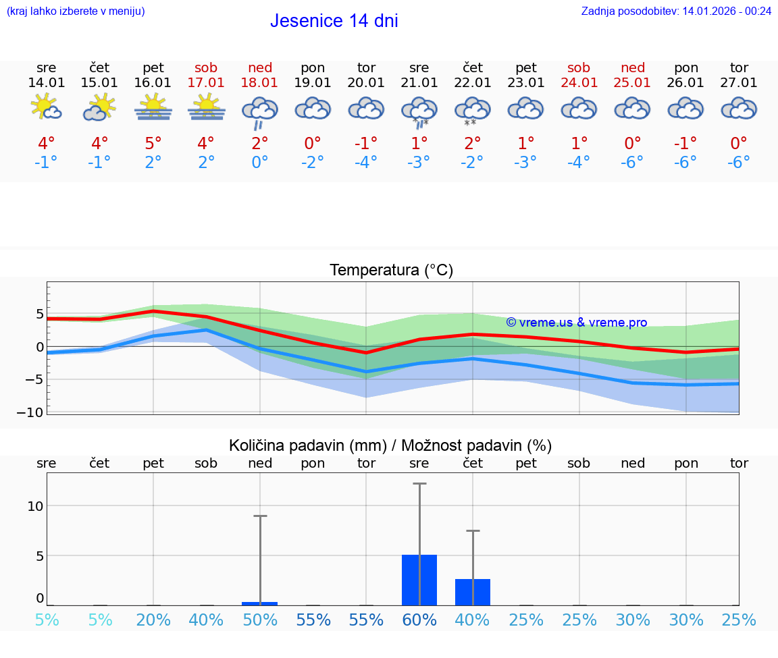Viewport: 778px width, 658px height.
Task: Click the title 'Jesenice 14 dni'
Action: click(334, 21)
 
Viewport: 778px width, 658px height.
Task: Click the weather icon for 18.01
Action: click(260, 110)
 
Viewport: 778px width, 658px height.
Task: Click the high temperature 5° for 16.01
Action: click(153, 144)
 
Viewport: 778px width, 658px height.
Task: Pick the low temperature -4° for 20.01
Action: click(366, 162)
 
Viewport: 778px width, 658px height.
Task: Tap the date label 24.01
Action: click(579, 83)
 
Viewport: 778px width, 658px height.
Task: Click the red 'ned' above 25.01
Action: click(632, 67)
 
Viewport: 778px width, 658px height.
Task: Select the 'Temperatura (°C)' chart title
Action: click(391, 270)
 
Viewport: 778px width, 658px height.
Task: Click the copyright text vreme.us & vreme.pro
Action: click(576, 323)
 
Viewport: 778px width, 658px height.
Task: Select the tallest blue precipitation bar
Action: click(419, 580)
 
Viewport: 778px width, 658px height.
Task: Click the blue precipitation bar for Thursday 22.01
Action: click(473, 592)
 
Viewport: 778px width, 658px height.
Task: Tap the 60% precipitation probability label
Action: click(419, 620)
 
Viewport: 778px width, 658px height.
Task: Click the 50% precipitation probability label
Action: click(260, 620)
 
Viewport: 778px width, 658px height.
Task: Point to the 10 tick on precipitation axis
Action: click(35, 506)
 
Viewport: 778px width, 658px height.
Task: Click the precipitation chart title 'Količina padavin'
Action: click(390, 445)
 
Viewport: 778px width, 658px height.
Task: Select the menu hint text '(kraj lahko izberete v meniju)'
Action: click(76, 11)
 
